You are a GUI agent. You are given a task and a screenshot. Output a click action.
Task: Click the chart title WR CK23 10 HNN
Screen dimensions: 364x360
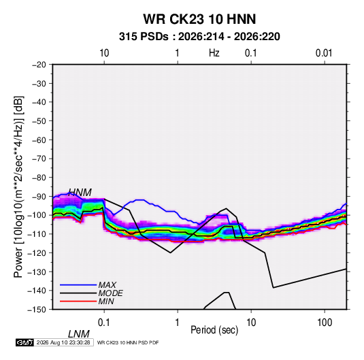[x=199, y=19]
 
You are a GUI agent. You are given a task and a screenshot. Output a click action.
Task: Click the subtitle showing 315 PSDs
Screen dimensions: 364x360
[x=199, y=37]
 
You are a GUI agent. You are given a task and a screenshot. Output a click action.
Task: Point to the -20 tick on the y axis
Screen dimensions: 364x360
[x=39, y=65]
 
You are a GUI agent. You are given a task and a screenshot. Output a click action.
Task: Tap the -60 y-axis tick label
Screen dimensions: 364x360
[x=39, y=140]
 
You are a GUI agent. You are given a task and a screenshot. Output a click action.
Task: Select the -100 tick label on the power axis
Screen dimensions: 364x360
[x=37, y=215]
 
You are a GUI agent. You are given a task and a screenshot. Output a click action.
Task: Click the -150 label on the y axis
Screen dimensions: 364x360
[x=37, y=310]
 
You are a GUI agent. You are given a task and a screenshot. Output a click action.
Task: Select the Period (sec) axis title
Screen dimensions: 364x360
[x=214, y=330]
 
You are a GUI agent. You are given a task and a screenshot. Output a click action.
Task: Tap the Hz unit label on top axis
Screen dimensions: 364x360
[x=214, y=53]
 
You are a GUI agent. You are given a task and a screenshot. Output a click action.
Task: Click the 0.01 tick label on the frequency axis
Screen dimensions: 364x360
[x=324, y=53]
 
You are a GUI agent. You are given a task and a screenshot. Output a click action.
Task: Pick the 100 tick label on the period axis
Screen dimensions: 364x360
[x=325, y=323]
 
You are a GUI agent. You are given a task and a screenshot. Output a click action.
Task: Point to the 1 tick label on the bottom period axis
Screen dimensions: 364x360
[x=178, y=323]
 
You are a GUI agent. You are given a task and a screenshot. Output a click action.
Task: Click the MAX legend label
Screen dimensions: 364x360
[x=107, y=285]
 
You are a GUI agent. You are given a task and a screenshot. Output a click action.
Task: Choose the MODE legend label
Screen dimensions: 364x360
[x=110, y=293]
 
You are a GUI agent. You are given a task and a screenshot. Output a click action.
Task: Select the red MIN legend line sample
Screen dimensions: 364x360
[x=78, y=301]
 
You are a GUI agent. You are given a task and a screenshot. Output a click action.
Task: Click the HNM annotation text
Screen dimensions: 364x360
[x=80, y=193]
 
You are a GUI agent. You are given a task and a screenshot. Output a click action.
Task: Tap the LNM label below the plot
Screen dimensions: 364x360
[x=79, y=334]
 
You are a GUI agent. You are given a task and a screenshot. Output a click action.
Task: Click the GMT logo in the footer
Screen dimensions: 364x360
[x=25, y=342]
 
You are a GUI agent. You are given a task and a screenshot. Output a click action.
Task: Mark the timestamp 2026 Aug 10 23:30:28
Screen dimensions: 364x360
[x=63, y=342]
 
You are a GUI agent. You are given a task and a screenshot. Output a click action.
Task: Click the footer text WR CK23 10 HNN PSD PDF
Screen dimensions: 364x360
[x=128, y=342]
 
